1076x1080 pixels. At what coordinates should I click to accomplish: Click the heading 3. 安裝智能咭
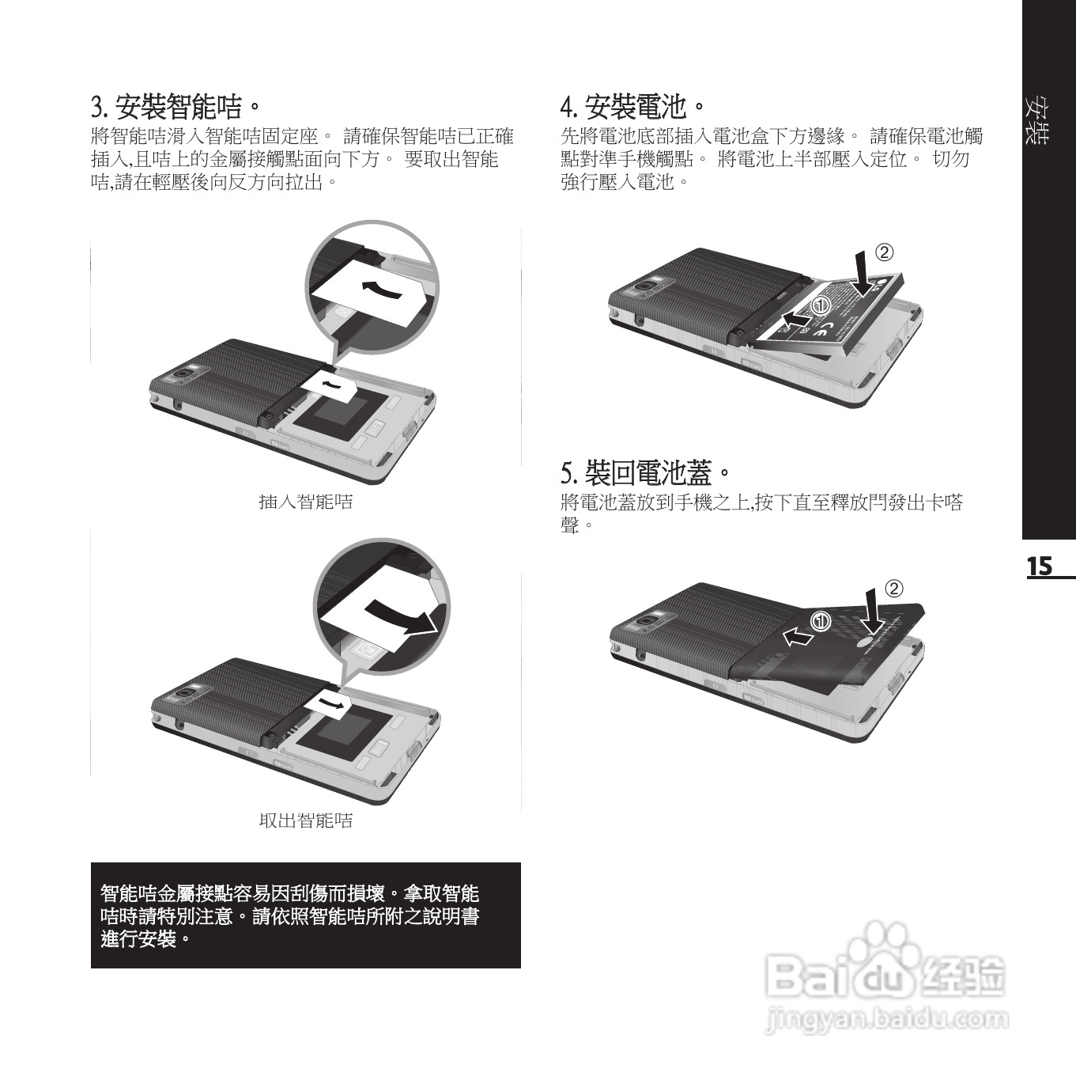(x=176, y=104)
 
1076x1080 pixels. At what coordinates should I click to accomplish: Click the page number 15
(x=1040, y=567)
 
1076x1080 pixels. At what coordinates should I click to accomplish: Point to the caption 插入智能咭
(x=306, y=502)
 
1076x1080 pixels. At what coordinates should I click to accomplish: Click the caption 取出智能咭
(x=306, y=820)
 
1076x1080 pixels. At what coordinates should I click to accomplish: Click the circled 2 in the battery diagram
(x=884, y=252)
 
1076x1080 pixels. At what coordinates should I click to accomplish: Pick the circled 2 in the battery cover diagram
(x=893, y=589)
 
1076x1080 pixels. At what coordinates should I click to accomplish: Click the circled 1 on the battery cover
(x=821, y=622)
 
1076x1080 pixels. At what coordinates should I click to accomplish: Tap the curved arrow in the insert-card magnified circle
(x=380, y=288)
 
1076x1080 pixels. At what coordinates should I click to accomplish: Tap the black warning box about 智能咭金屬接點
(x=305, y=915)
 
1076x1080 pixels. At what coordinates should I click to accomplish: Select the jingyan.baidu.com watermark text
(x=887, y=1019)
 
